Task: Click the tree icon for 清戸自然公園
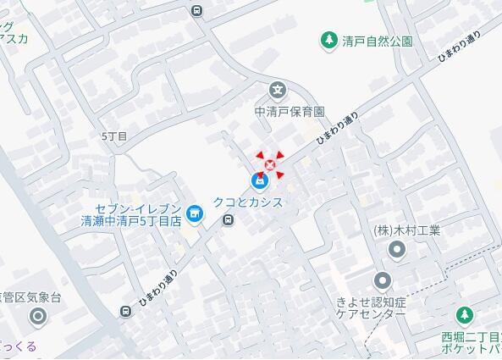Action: coord(328,39)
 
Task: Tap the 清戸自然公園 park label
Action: coord(378,40)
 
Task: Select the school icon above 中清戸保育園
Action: coord(277,91)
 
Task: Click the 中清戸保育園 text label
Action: coord(290,111)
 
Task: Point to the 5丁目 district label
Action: coord(113,136)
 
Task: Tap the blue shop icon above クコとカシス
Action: coord(259,181)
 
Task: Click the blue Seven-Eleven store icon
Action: coord(195,213)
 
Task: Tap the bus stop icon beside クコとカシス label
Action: coord(228,220)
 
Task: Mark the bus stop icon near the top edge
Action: coord(197,11)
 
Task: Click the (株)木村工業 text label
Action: coord(407,230)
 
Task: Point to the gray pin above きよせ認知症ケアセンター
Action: coord(383,280)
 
